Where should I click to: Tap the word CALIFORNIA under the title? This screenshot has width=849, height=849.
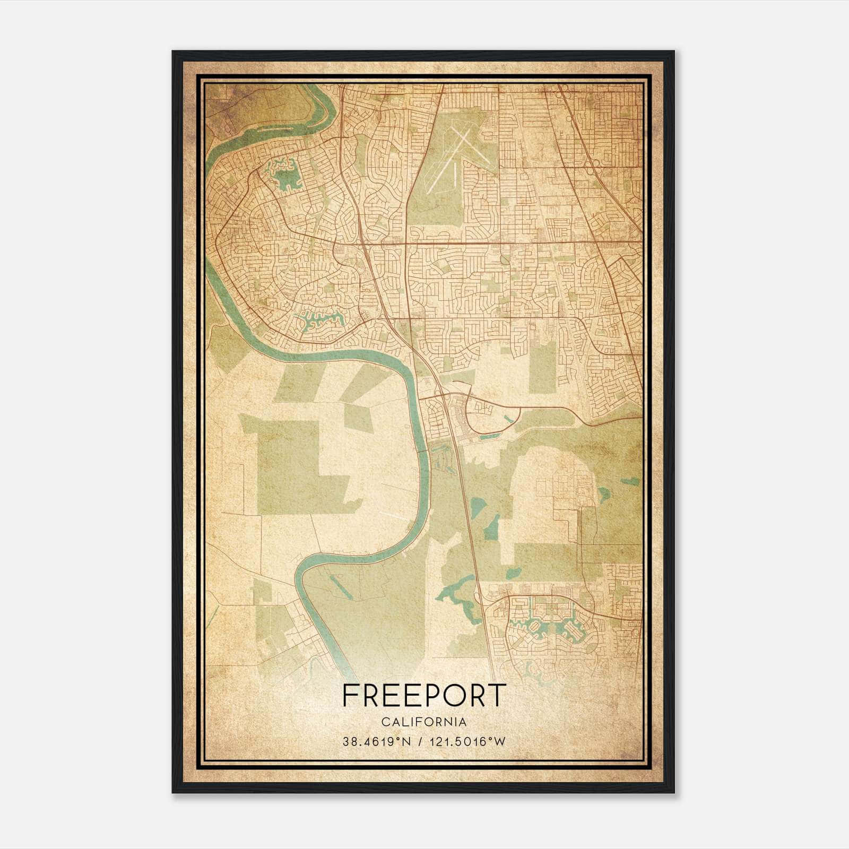click(x=424, y=722)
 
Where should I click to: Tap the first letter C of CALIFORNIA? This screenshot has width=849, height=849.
click(x=384, y=722)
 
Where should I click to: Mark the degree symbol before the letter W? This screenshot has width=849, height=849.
click(x=491, y=739)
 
